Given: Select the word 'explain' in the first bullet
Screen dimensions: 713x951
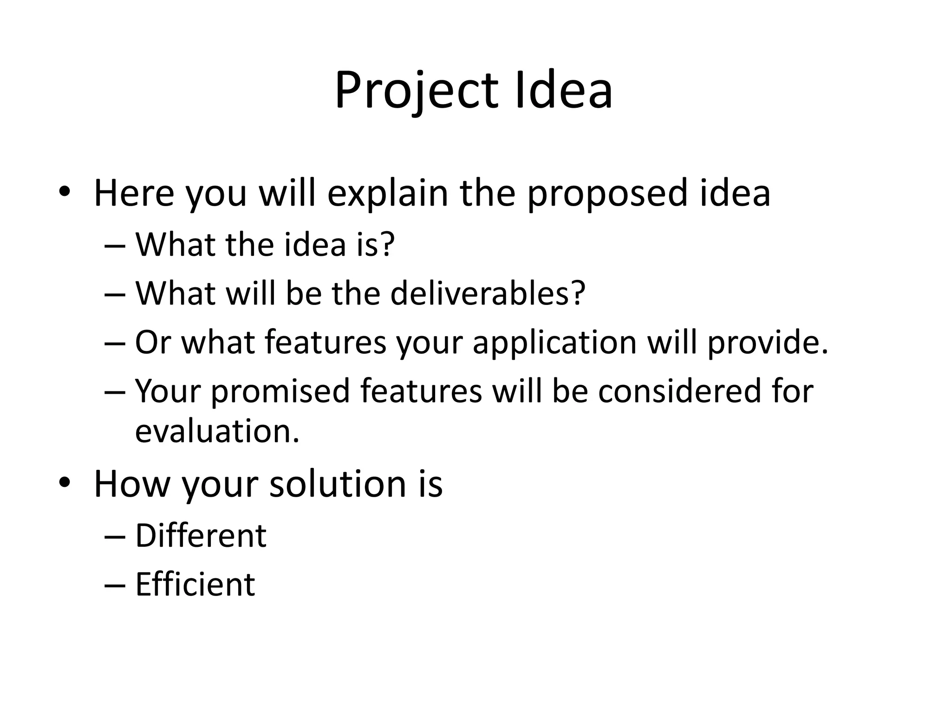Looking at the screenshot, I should click(388, 193).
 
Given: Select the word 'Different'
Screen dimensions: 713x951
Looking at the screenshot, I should click(201, 536).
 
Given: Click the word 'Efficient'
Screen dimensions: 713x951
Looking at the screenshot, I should click(195, 584).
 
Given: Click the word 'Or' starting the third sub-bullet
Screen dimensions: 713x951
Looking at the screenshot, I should click(152, 343).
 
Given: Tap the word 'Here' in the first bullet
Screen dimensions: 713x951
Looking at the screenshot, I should click(134, 193).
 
